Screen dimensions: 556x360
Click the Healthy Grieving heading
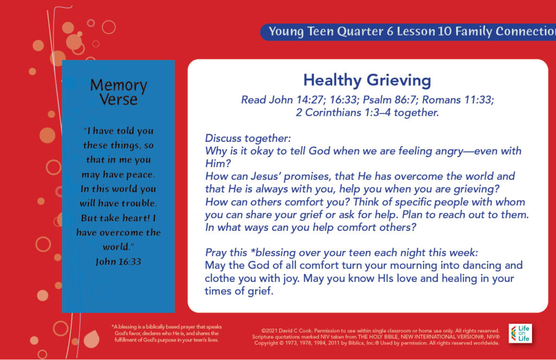coord(367,80)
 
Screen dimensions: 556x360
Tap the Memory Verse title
coord(118,92)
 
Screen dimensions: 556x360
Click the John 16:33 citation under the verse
coord(118,262)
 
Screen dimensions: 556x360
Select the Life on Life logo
coord(520,333)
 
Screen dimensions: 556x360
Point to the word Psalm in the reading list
coord(377,100)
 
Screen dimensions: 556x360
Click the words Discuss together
coord(248,138)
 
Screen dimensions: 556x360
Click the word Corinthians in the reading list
coord(333,112)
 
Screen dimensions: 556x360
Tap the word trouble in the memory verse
coord(137,203)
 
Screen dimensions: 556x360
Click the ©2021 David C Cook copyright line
coord(380,331)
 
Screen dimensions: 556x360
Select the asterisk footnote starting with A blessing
coord(166,333)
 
